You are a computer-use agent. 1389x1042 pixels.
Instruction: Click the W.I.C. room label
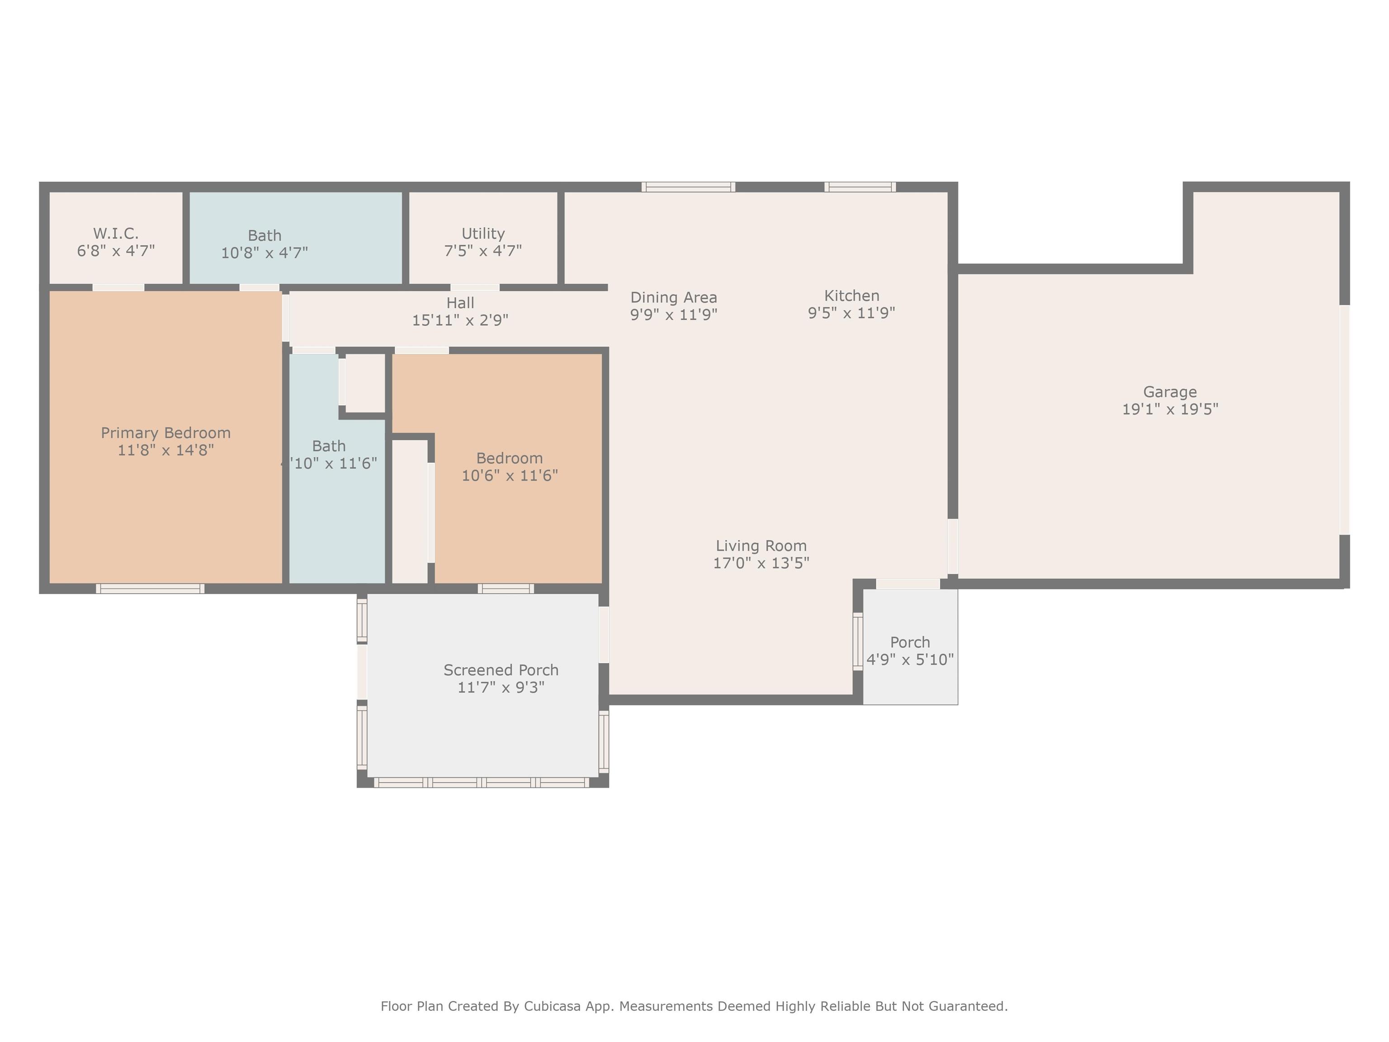[x=116, y=234]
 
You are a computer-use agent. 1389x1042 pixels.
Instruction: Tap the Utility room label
[x=483, y=234]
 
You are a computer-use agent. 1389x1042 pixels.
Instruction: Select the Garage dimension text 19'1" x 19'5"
[x=1170, y=409]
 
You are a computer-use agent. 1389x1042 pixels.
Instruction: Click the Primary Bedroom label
[x=166, y=433]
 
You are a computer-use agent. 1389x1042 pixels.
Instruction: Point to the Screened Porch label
[x=501, y=670]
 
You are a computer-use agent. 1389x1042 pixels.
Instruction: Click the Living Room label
[x=761, y=546]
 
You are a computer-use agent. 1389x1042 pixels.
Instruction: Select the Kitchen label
[x=851, y=295]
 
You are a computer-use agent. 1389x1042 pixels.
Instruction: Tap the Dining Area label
[x=674, y=297]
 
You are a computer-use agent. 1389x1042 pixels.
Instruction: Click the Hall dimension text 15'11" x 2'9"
[x=460, y=320]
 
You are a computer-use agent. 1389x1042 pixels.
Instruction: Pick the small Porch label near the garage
[x=910, y=643]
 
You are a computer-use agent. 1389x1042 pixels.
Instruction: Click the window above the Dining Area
[x=688, y=186]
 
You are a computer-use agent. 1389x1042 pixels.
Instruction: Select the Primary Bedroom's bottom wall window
[x=150, y=588]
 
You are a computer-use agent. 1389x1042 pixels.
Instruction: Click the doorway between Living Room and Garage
[x=953, y=546]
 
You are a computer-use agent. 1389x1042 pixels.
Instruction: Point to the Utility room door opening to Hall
[x=475, y=288]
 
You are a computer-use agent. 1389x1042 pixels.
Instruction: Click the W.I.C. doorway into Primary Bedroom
[x=118, y=288]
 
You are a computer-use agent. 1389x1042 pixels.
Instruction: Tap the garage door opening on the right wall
[x=1344, y=420]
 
